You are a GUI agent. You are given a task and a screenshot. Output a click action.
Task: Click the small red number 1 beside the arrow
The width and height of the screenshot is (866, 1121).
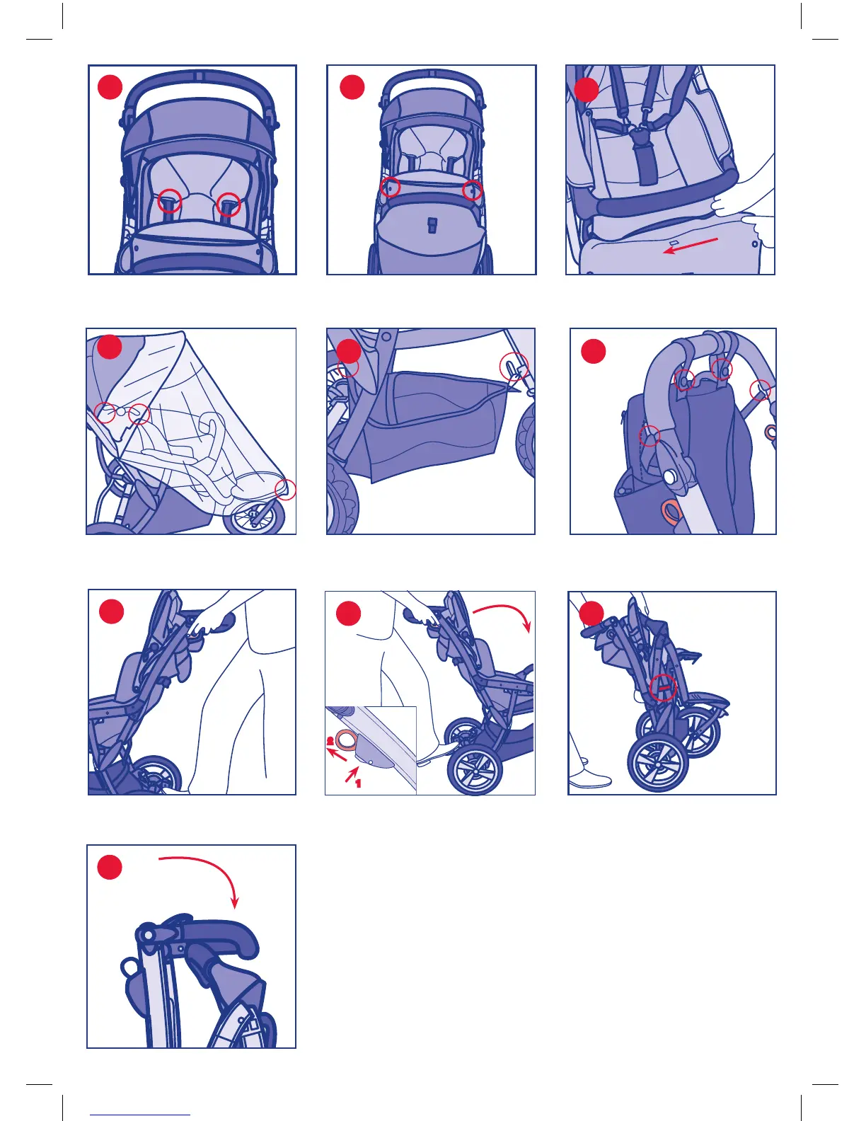(358, 783)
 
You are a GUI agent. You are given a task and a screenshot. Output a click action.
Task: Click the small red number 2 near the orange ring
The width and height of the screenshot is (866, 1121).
(330, 742)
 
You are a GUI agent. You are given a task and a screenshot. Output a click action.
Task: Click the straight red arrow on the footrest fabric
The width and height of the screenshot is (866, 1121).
(690, 246)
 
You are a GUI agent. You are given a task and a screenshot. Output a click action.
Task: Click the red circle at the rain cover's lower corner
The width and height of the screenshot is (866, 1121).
(285, 490)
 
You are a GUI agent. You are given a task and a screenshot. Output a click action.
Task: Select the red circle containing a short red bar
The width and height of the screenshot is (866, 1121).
(663, 687)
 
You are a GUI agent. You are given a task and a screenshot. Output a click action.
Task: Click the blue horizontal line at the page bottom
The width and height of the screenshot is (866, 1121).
(140, 1115)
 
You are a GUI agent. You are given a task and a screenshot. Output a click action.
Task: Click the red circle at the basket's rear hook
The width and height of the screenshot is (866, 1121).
(514, 367)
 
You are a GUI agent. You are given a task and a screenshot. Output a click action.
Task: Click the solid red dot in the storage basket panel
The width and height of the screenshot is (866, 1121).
(348, 352)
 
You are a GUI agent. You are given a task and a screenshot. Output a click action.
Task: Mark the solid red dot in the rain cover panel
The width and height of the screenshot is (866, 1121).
(110, 347)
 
